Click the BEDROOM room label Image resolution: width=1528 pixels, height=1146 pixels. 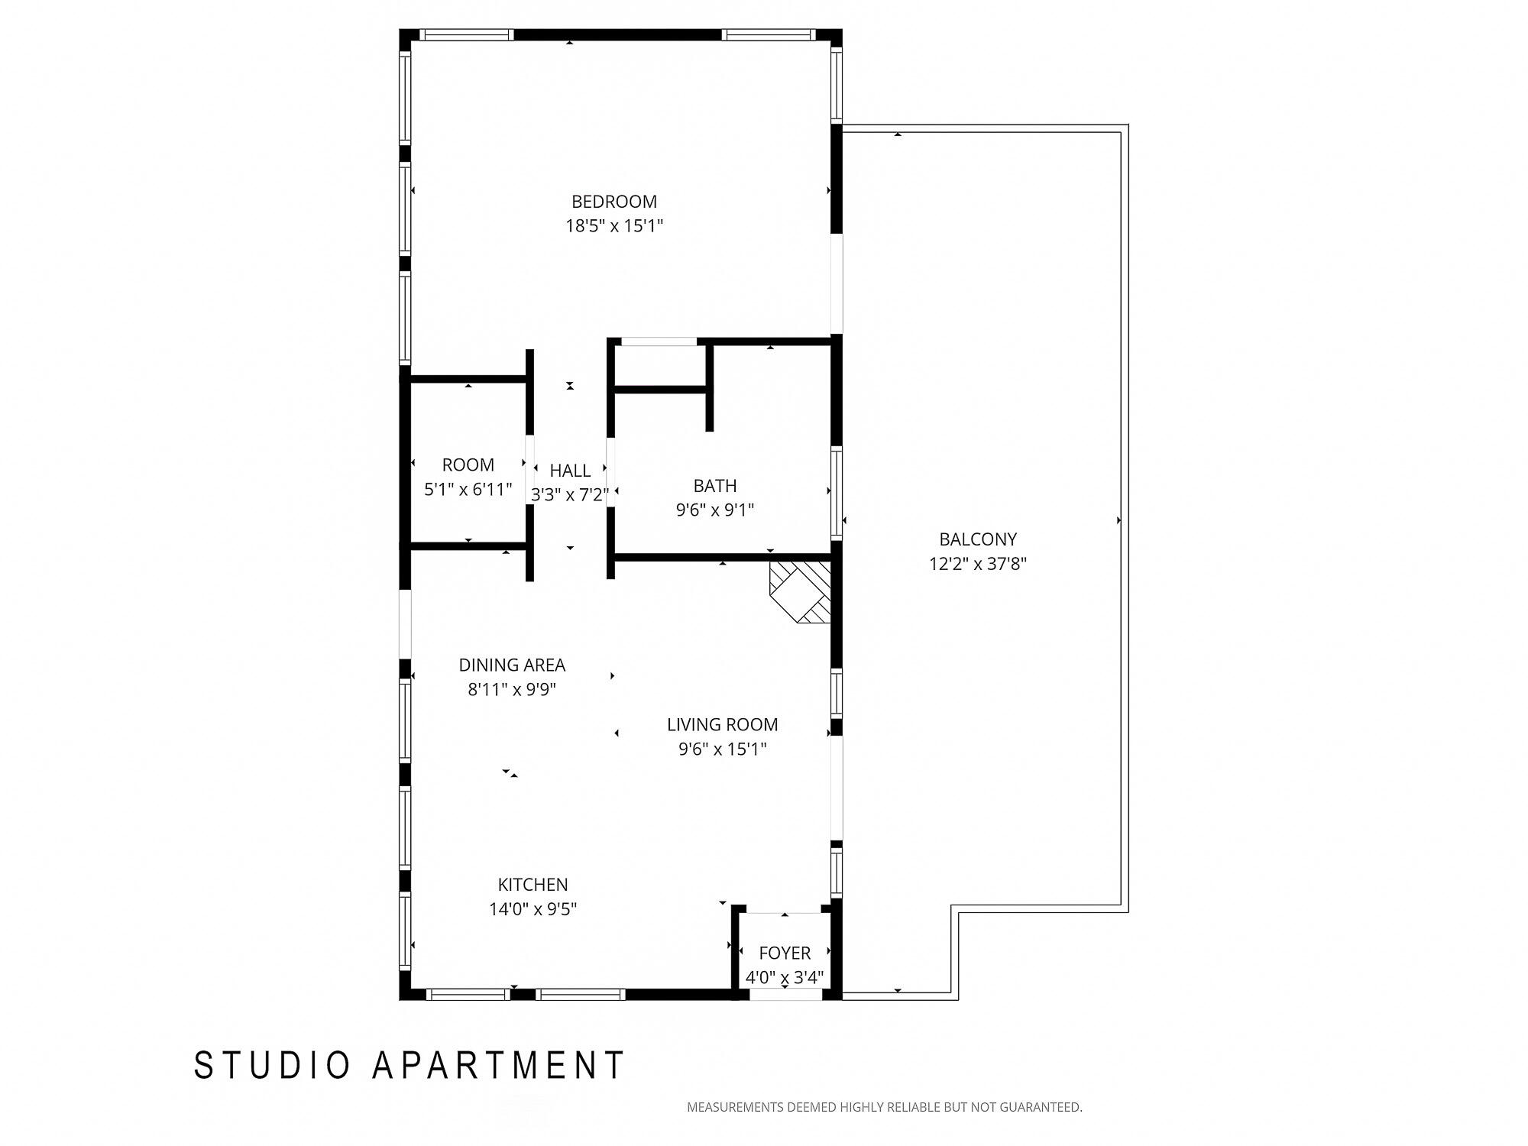[613, 202]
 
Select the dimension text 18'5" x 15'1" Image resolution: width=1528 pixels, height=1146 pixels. [613, 226]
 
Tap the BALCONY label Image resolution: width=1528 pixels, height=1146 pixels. [977, 539]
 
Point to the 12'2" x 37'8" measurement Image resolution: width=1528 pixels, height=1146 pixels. [977, 564]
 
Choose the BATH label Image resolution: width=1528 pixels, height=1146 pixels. [714, 486]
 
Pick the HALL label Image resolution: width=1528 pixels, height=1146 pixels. [570, 471]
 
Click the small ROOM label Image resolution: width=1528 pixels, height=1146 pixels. [468, 465]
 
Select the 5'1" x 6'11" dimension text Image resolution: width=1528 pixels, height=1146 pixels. [468, 490]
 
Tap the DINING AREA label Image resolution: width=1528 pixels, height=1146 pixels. [511, 665]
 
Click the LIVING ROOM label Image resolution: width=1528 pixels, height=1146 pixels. [722, 725]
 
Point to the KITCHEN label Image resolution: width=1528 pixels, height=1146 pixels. [533, 885]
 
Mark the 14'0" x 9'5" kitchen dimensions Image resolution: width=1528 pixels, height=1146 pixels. [533, 909]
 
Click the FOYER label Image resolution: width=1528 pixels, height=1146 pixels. [785, 953]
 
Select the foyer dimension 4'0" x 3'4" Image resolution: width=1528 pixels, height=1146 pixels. [785, 977]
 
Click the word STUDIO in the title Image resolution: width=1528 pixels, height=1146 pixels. [273, 1065]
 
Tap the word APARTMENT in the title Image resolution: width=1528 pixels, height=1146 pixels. [498, 1065]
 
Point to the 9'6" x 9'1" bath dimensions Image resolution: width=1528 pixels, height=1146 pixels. [714, 510]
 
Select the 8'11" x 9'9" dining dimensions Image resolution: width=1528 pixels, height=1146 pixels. [511, 690]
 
